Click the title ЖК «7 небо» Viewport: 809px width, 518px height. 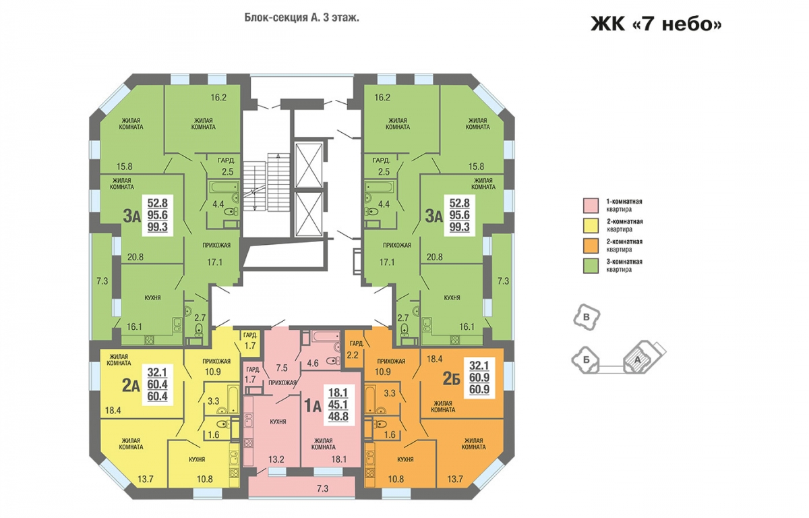656,24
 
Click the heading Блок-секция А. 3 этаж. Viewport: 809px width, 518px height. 301,18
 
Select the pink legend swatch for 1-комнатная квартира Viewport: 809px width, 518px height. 591,205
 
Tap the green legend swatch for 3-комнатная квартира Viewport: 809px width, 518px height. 591,266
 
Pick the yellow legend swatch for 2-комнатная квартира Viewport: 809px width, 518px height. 591,225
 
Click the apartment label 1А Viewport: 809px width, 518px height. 313,405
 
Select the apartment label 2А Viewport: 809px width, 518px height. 131,386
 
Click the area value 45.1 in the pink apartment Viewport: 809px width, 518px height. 338,404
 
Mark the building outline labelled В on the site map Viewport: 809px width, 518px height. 587,317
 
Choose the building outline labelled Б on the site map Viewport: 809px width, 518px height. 585,359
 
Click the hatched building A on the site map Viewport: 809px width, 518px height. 638,358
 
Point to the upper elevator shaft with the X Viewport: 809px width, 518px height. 309,165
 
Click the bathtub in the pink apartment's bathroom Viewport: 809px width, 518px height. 325,337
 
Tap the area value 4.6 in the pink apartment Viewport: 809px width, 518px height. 312,363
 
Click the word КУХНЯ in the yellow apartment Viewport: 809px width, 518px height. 197,459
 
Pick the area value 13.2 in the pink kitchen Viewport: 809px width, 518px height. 276,459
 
